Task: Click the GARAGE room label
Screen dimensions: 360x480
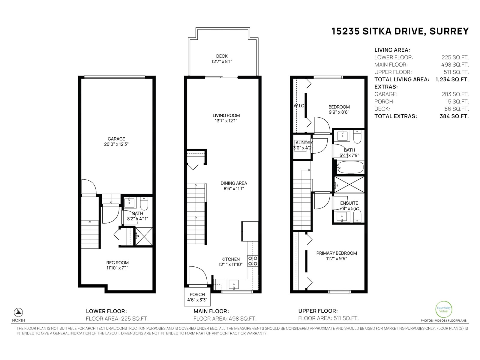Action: [116, 139]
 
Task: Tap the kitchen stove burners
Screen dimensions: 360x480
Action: [253, 261]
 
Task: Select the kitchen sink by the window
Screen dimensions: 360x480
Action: [233, 283]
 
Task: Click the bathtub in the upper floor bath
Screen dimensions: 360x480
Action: [350, 167]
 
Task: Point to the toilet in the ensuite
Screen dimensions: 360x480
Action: [357, 215]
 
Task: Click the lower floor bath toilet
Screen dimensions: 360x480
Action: [145, 203]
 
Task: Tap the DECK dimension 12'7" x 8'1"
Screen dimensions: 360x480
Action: [222, 61]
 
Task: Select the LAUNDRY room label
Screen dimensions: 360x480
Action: [303, 143]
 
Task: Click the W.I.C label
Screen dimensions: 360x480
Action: [298, 106]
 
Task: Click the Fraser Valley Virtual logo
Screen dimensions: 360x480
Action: [443, 309]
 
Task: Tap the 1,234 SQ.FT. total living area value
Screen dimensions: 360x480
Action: [452, 79]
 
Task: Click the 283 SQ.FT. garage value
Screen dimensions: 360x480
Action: [455, 94]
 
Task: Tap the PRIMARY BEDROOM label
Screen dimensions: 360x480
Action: [337, 253]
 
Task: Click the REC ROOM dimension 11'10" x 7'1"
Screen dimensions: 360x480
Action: [117, 268]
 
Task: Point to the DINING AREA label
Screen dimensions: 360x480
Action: [234, 183]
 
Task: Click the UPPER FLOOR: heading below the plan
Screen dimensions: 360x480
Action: [318, 311]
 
